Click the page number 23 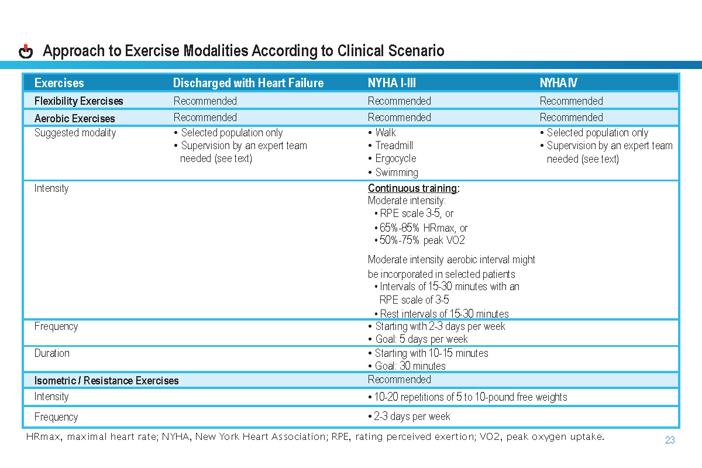(x=670, y=441)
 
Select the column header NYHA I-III (x=391, y=83)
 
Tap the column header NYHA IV (x=558, y=83)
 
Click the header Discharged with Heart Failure (x=248, y=83)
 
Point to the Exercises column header (x=59, y=83)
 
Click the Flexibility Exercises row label (x=78, y=101)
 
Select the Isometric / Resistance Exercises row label (x=106, y=381)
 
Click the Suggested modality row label (x=75, y=133)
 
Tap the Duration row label (x=51, y=353)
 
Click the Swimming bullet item (x=396, y=173)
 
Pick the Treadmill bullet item (x=395, y=146)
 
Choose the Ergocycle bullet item (x=395, y=159)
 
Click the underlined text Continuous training (x=412, y=188)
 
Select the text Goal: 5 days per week (x=421, y=339)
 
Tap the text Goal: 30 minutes (x=410, y=366)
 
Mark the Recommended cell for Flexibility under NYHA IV (x=571, y=101)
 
